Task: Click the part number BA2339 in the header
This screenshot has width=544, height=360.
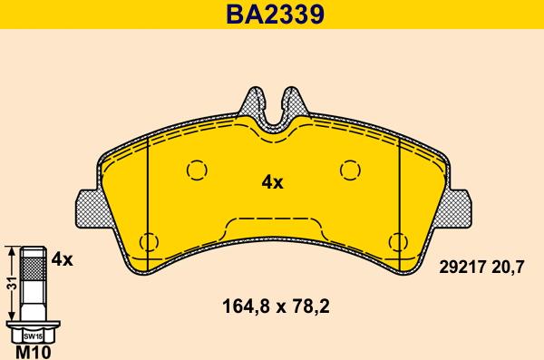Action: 272,15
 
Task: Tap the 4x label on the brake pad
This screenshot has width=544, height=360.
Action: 272,182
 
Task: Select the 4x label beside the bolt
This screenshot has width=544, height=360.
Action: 62,258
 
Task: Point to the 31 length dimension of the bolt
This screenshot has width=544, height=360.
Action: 9,283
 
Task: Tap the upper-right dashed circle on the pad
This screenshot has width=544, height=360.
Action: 349,169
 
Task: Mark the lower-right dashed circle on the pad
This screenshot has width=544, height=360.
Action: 397,241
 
